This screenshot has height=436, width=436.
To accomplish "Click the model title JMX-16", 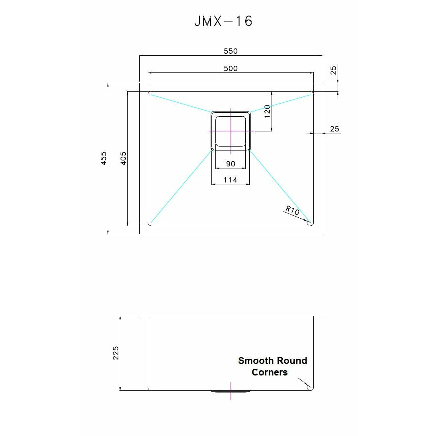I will pyautogui.click(x=223, y=21).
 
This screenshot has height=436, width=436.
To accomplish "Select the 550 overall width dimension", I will pyautogui.click(x=231, y=51).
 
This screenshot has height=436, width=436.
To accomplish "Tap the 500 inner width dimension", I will pyautogui.click(x=231, y=68).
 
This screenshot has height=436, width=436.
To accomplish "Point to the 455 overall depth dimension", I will pyautogui.click(x=104, y=158).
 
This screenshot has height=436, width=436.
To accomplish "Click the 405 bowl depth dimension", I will pyautogui.click(x=123, y=158).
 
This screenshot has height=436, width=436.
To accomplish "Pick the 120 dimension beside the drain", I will pyautogui.click(x=267, y=111).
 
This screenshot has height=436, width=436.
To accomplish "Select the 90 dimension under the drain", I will pyautogui.click(x=231, y=164).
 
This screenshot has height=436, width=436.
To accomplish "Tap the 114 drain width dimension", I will pyautogui.click(x=231, y=180).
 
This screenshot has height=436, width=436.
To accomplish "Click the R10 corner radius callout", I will pyautogui.click(x=293, y=210).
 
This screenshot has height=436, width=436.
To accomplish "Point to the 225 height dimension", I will pyautogui.click(x=115, y=353).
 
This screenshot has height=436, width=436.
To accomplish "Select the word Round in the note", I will pyautogui.click(x=292, y=361).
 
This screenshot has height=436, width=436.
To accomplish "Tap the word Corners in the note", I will pyautogui.click(x=270, y=372).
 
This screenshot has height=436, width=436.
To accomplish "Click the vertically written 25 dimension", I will pyautogui.click(x=334, y=70).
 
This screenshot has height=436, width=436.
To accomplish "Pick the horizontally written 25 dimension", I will pyautogui.click(x=334, y=129).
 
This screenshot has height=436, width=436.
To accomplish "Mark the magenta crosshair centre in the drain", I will pyautogui.click(x=231, y=131).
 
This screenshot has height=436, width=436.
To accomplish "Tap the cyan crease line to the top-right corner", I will pyautogui.click(x=281, y=103).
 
